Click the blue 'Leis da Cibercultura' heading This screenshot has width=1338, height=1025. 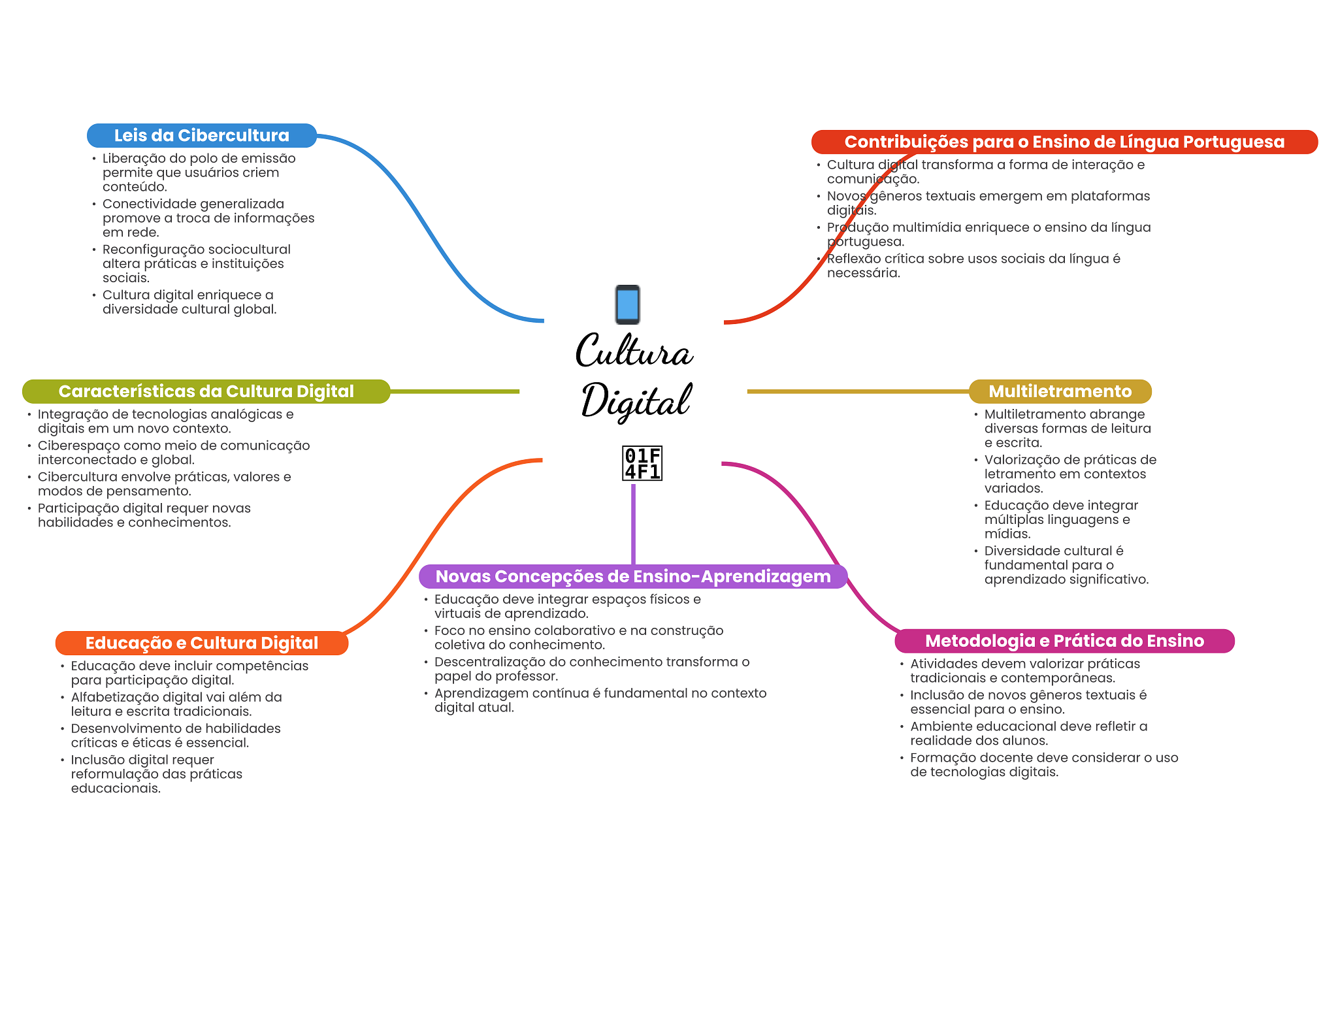point(201,135)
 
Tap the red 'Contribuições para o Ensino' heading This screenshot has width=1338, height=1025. point(1064,142)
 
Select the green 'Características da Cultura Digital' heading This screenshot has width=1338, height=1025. point(206,391)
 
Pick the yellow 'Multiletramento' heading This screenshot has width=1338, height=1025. point(1059,391)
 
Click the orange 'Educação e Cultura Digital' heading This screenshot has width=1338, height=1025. point(201,643)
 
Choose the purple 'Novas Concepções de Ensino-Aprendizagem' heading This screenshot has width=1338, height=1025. point(632,576)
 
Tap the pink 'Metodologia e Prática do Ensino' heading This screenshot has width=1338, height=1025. point(1064,641)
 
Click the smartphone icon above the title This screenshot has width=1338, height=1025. point(627,304)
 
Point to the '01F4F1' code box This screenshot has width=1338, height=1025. point(642,463)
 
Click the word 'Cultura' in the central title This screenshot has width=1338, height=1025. point(633,351)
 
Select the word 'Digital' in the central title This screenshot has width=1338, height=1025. point(635,400)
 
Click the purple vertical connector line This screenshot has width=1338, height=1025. point(633,523)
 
